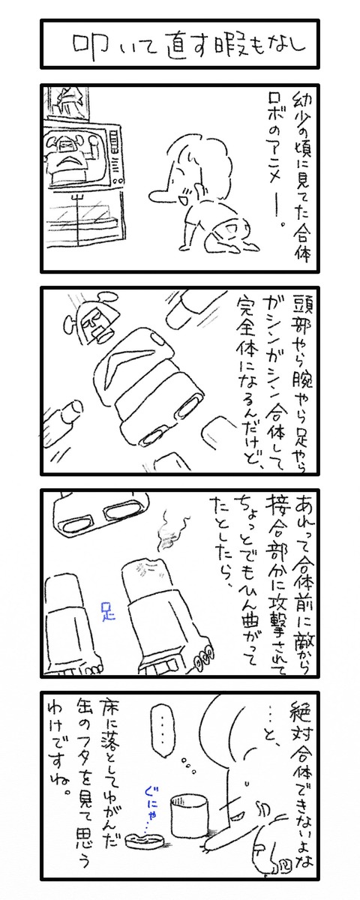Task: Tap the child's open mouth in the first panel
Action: [x=185, y=198]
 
